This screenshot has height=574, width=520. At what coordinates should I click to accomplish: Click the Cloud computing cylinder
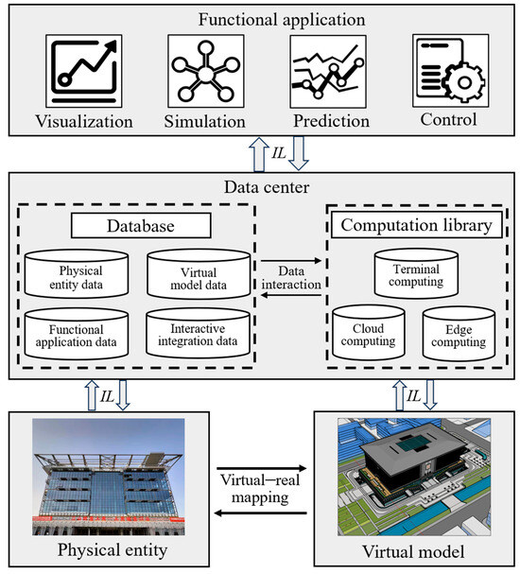tap(362, 332)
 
